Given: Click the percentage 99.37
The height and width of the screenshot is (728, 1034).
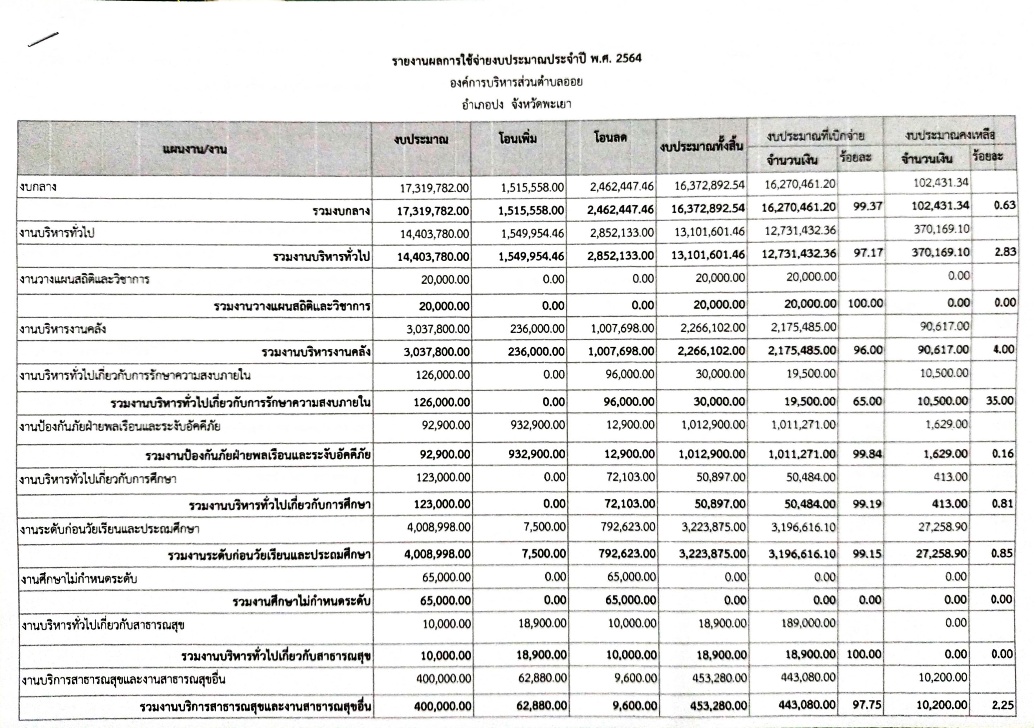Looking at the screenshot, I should coord(867,206).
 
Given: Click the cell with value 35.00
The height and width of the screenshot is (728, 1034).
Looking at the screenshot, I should coord(999,400).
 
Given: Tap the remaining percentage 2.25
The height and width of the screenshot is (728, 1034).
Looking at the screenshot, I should coord(1002,705).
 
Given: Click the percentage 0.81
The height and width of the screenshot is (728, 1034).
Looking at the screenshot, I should coord(1002,503).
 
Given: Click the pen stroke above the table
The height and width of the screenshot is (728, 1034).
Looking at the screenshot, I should coord(43,39).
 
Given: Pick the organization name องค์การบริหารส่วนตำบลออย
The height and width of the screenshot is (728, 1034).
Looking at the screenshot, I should coord(516,82).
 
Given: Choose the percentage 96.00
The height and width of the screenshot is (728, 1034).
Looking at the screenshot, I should coord(867,350).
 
